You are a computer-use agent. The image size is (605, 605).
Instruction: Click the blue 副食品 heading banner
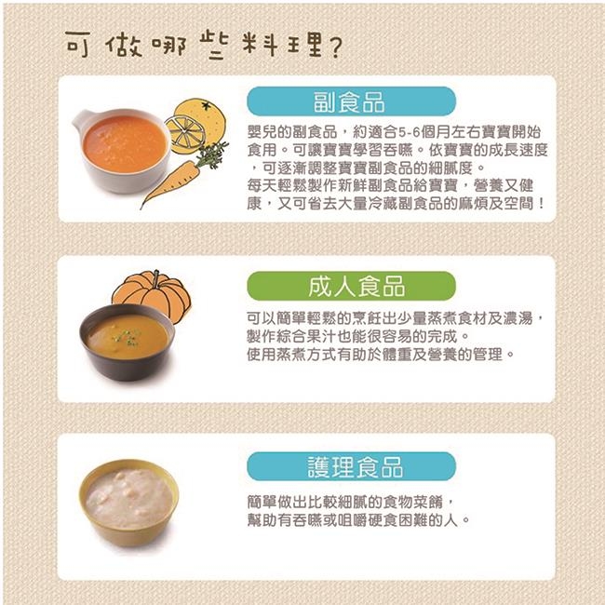[351, 101]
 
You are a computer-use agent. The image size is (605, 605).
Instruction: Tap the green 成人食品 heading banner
[351, 286]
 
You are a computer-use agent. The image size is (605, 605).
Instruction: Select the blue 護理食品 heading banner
[351, 466]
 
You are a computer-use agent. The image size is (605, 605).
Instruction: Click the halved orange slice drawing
[185, 134]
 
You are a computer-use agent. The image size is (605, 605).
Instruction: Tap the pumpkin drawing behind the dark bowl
[153, 295]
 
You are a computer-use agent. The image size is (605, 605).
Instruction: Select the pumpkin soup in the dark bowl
[128, 336]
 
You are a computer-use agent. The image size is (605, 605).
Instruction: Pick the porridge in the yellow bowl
[128, 498]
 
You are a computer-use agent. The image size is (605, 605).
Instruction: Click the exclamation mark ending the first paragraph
[543, 204]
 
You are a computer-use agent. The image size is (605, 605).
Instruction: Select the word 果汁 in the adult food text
[321, 336]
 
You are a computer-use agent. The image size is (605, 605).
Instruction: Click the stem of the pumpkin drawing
[156, 278]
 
